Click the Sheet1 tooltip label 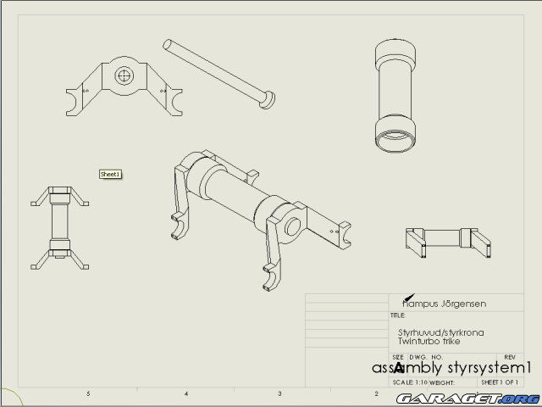111,174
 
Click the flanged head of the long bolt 267,100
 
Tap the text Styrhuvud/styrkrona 440,332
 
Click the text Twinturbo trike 430,341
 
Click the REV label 509,357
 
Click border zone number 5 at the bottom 88,394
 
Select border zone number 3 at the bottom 279,394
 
